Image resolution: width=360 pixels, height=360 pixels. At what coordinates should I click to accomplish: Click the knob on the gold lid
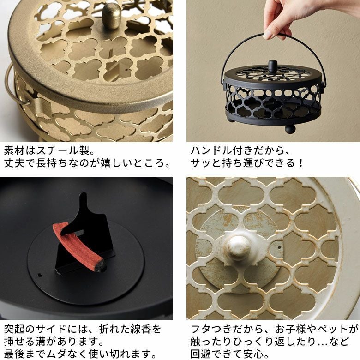click(111, 15)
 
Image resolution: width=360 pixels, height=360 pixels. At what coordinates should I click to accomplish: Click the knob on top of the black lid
click(273, 66)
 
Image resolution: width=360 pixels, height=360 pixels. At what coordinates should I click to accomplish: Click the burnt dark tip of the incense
click(99, 266)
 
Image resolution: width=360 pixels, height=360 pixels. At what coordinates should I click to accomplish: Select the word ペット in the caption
click(333, 329)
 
